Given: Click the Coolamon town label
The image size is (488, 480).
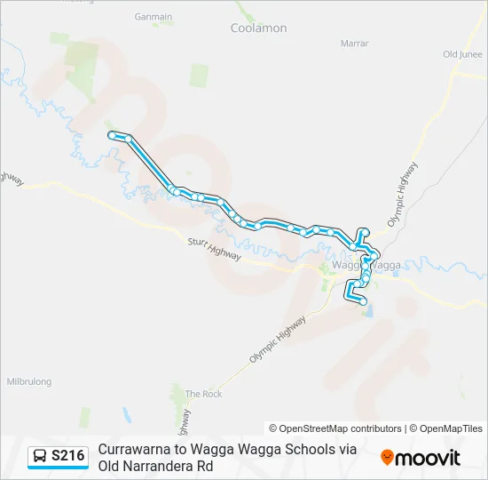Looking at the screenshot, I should click(259, 28).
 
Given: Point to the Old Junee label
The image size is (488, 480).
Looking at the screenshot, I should click(462, 54).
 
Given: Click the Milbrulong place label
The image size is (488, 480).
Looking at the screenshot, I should click(29, 381).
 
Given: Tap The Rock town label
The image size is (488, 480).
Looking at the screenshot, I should click(203, 394).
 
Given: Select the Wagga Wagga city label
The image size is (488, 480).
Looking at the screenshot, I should click(366, 265).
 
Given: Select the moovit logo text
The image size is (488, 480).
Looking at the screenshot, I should click(428, 458).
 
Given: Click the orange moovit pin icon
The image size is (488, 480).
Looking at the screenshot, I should click(387, 458).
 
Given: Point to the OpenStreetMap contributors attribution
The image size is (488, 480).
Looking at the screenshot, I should click(335, 428).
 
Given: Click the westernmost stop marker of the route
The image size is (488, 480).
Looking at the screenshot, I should click(112, 135).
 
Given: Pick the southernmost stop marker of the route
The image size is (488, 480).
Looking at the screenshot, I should click(363, 302).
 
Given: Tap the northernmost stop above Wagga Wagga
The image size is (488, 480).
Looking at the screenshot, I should click(364, 232).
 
